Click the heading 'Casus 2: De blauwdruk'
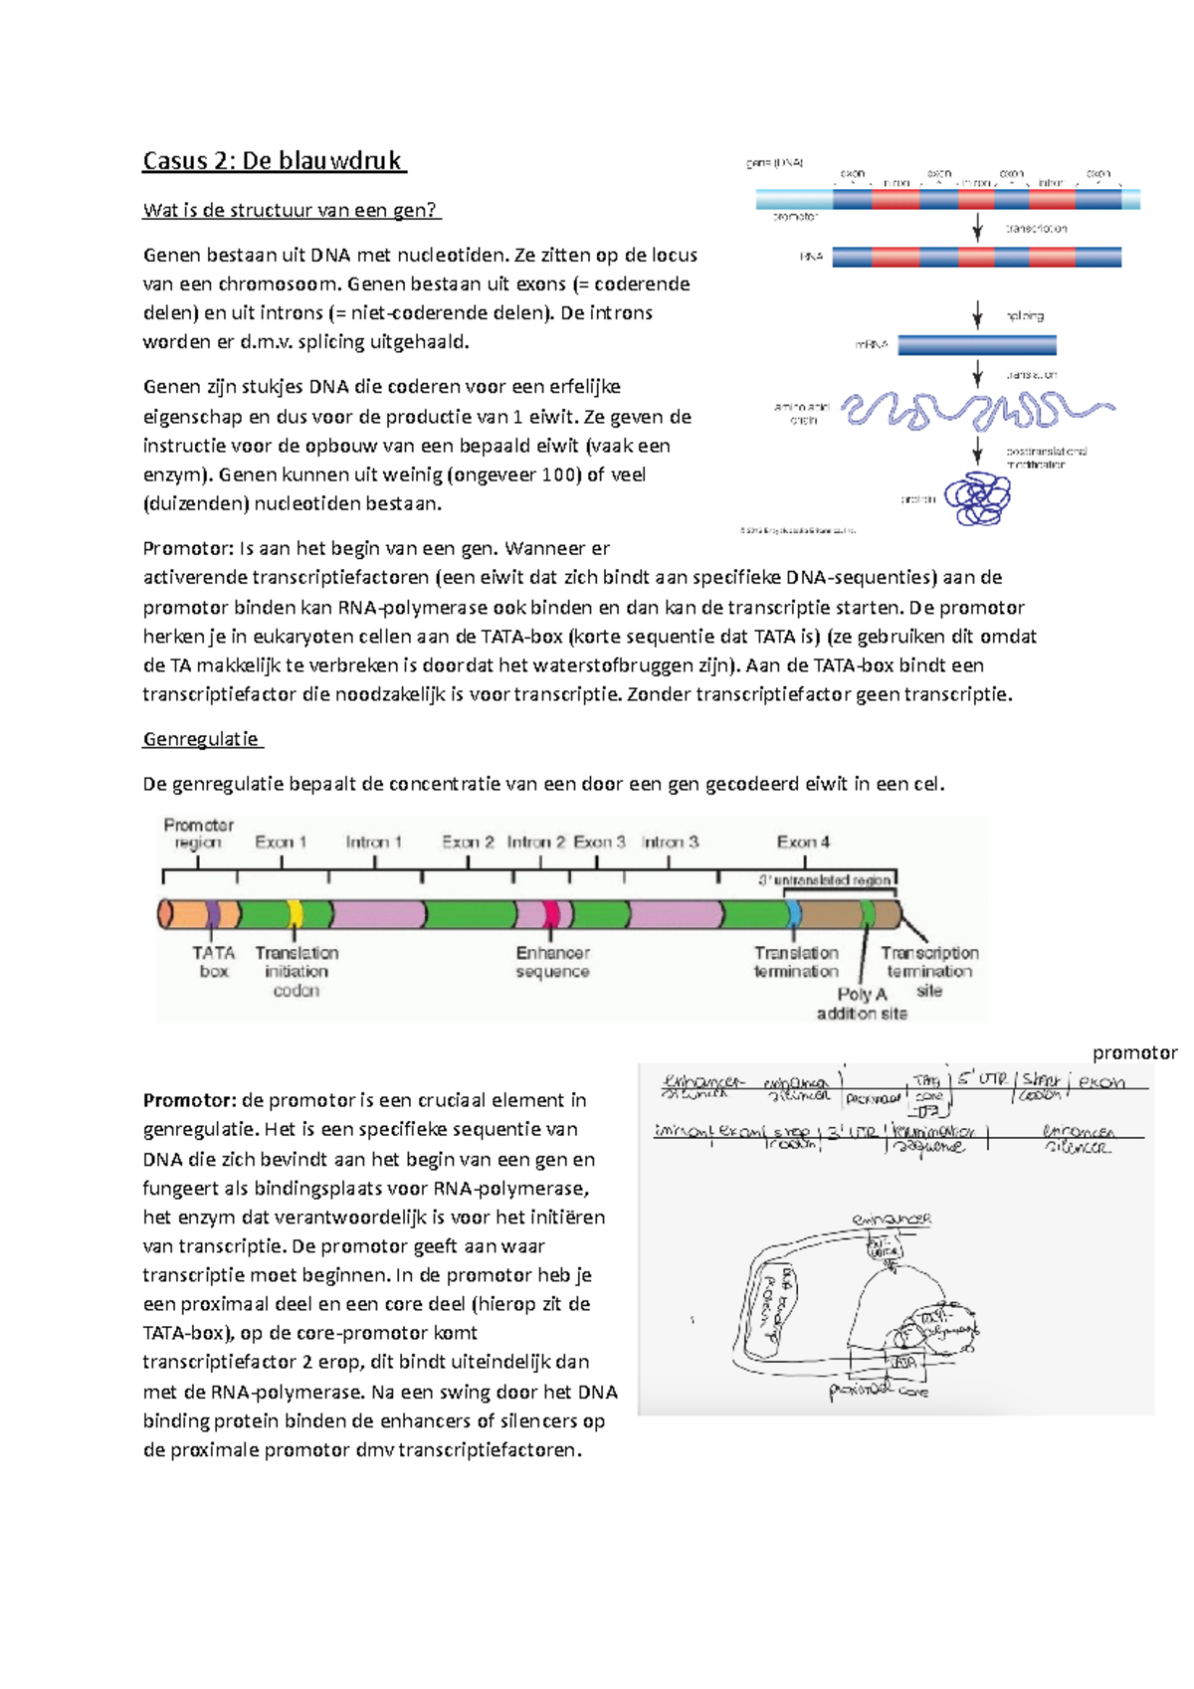click(x=274, y=161)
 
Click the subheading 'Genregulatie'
click(x=202, y=739)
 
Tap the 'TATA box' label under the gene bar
click(x=213, y=962)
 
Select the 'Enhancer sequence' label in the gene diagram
click(x=552, y=962)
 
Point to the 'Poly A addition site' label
click(x=862, y=1004)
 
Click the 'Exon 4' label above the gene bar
click(x=803, y=842)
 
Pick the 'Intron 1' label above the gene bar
click(x=373, y=842)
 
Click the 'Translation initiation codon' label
click(x=297, y=972)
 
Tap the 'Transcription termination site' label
click(x=929, y=971)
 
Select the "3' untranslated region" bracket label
click(x=825, y=880)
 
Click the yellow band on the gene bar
click(x=295, y=914)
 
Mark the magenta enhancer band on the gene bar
click(x=551, y=914)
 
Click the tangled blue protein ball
click(x=977, y=499)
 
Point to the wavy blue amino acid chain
click(x=975, y=409)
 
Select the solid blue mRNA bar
click(x=976, y=345)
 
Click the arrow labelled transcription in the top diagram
click(x=977, y=227)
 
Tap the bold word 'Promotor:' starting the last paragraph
click(x=189, y=1100)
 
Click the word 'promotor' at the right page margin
click(x=1134, y=1052)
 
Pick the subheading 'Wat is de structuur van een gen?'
click(x=291, y=210)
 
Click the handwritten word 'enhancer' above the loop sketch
click(x=892, y=1219)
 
